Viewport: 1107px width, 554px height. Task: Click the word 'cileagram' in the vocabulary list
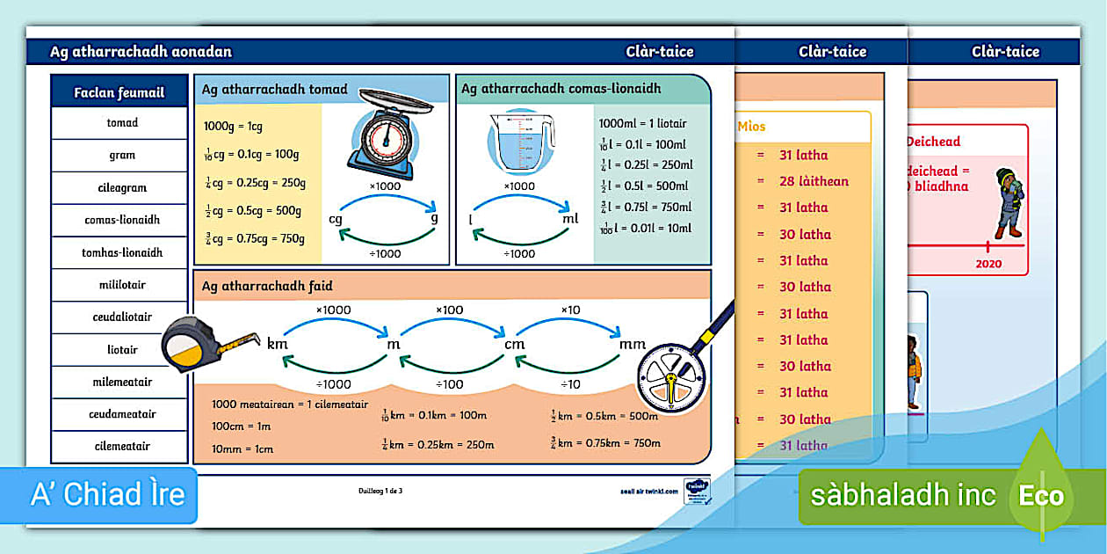click(122, 187)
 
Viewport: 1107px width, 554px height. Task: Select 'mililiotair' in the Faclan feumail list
click(122, 285)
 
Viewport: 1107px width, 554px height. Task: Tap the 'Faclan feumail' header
click(119, 92)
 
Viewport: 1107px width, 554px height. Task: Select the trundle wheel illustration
click(676, 368)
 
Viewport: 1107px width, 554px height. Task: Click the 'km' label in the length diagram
click(278, 343)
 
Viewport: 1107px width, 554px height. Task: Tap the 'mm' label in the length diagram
click(633, 344)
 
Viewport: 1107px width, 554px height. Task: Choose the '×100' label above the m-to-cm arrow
click(450, 310)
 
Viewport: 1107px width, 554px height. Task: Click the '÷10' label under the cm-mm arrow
click(571, 384)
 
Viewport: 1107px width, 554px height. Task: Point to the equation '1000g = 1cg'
click(233, 126)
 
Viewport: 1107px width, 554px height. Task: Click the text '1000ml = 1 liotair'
click(642, 124)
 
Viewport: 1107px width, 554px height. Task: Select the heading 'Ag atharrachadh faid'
click(267, 286)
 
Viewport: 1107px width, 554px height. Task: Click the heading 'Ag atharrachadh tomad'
click(274, 90)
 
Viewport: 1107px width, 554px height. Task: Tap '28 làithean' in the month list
click(814, 181)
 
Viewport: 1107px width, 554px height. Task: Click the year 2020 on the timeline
click(988, 264)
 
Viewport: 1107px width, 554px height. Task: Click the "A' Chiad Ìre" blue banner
click(108, 494)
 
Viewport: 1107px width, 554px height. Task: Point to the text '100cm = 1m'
click(242, 426)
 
